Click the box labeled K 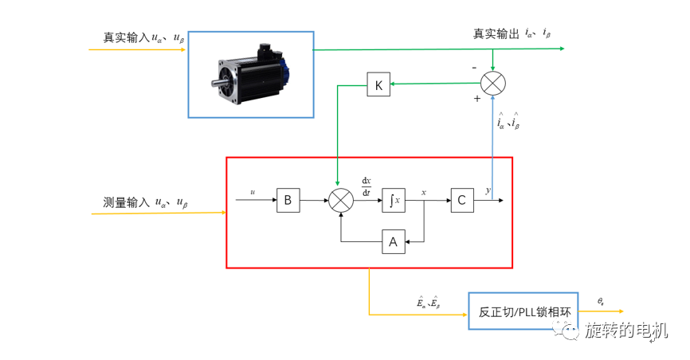(378, 84)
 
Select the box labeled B (288, 201)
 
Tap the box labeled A (393, 241)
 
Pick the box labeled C (461, 201)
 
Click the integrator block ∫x (394, 201)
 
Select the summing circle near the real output (494, 82)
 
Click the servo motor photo (251, 73)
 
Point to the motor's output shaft (216, 84)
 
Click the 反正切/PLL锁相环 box (523, 311)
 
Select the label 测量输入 (126, 202)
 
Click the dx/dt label (367, 186)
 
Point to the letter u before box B (253, 192)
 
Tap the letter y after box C (488, 191)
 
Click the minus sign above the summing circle (476, 68)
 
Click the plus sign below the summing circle (477, 99)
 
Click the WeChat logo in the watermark (570, 331)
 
